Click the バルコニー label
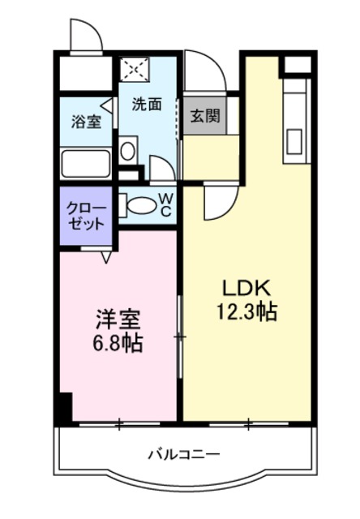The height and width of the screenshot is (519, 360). pyautogui.click(x=183, y=454)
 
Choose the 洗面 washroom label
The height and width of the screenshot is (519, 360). pyautogui.click(x=147, y=104)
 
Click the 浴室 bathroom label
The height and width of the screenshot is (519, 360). pyautogui.click(x=85, y=122)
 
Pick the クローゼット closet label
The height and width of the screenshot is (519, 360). pyautogui.click(x=85, y=215)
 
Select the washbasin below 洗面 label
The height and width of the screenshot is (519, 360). pyautogui.click(x=128, y=151)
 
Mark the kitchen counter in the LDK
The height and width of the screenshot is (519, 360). pyautogui.click(x=294, y=122)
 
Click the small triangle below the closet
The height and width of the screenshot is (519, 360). pyautogui.click(x=106, y=257)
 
